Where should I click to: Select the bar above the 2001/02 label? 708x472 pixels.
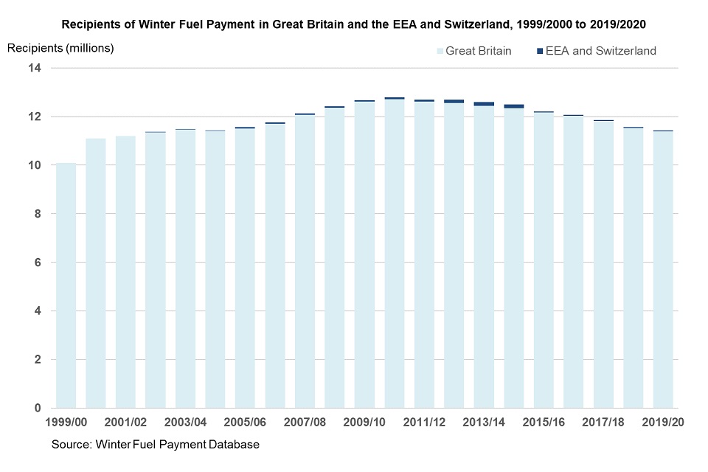click(x=125, y=272)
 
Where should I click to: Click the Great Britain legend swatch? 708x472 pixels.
click(x=440, y=51)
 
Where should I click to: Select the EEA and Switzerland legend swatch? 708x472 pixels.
click(x=538, y=51)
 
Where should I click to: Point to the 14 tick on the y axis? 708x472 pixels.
click(x=35, y=68)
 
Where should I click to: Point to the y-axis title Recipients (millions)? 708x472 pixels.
click(x=60, y=49)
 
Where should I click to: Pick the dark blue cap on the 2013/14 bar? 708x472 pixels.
click(x=484, y=104)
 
